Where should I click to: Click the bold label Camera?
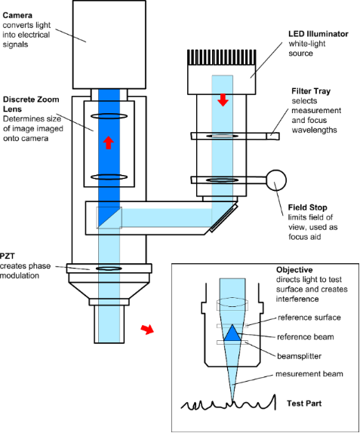17,15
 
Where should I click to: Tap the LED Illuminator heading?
318,34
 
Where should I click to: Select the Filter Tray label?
311,91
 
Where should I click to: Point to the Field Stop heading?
307,207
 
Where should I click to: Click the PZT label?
8,256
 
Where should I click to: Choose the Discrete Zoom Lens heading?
31,104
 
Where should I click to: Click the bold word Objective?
294,270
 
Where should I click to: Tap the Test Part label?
304,404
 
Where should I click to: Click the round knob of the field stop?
276,180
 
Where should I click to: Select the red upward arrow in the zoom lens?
109,143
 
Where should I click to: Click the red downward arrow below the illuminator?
223,100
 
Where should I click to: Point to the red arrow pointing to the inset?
147,329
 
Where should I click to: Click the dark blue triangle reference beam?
232,333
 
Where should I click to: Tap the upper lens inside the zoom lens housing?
109,116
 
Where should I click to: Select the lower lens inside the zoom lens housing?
109,177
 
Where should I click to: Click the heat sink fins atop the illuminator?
222,57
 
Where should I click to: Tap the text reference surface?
309,318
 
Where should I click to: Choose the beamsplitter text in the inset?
299,356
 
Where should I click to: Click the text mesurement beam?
309,374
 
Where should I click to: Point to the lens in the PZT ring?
109,268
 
